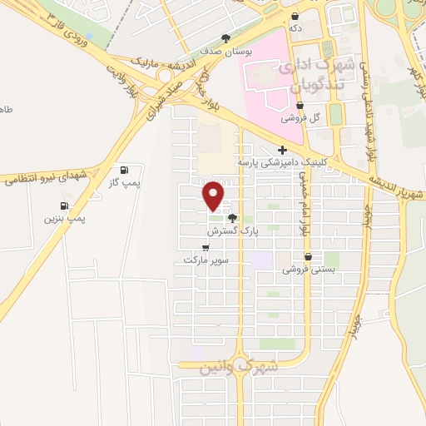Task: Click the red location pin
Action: click(214, 195)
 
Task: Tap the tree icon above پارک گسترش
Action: click(230, 217)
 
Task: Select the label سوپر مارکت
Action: click(207, 260)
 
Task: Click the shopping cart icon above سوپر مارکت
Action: click(206, 247)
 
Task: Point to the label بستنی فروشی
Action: click(309, 270)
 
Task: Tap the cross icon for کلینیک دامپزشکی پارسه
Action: click(283, 151)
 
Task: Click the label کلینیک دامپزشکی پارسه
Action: click(283, 162)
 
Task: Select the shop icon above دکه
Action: click(295, 16)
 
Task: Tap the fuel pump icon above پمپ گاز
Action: click(124, 169)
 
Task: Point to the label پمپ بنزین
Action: click(66, 219)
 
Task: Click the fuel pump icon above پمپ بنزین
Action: click(63, 206)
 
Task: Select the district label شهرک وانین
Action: click(240, 365)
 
